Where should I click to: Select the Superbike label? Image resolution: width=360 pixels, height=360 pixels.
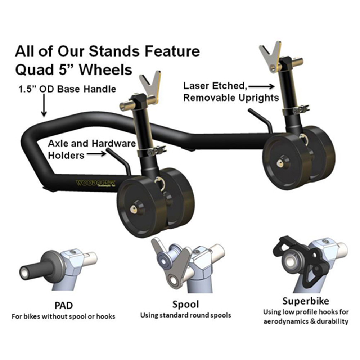click(306, 301)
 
